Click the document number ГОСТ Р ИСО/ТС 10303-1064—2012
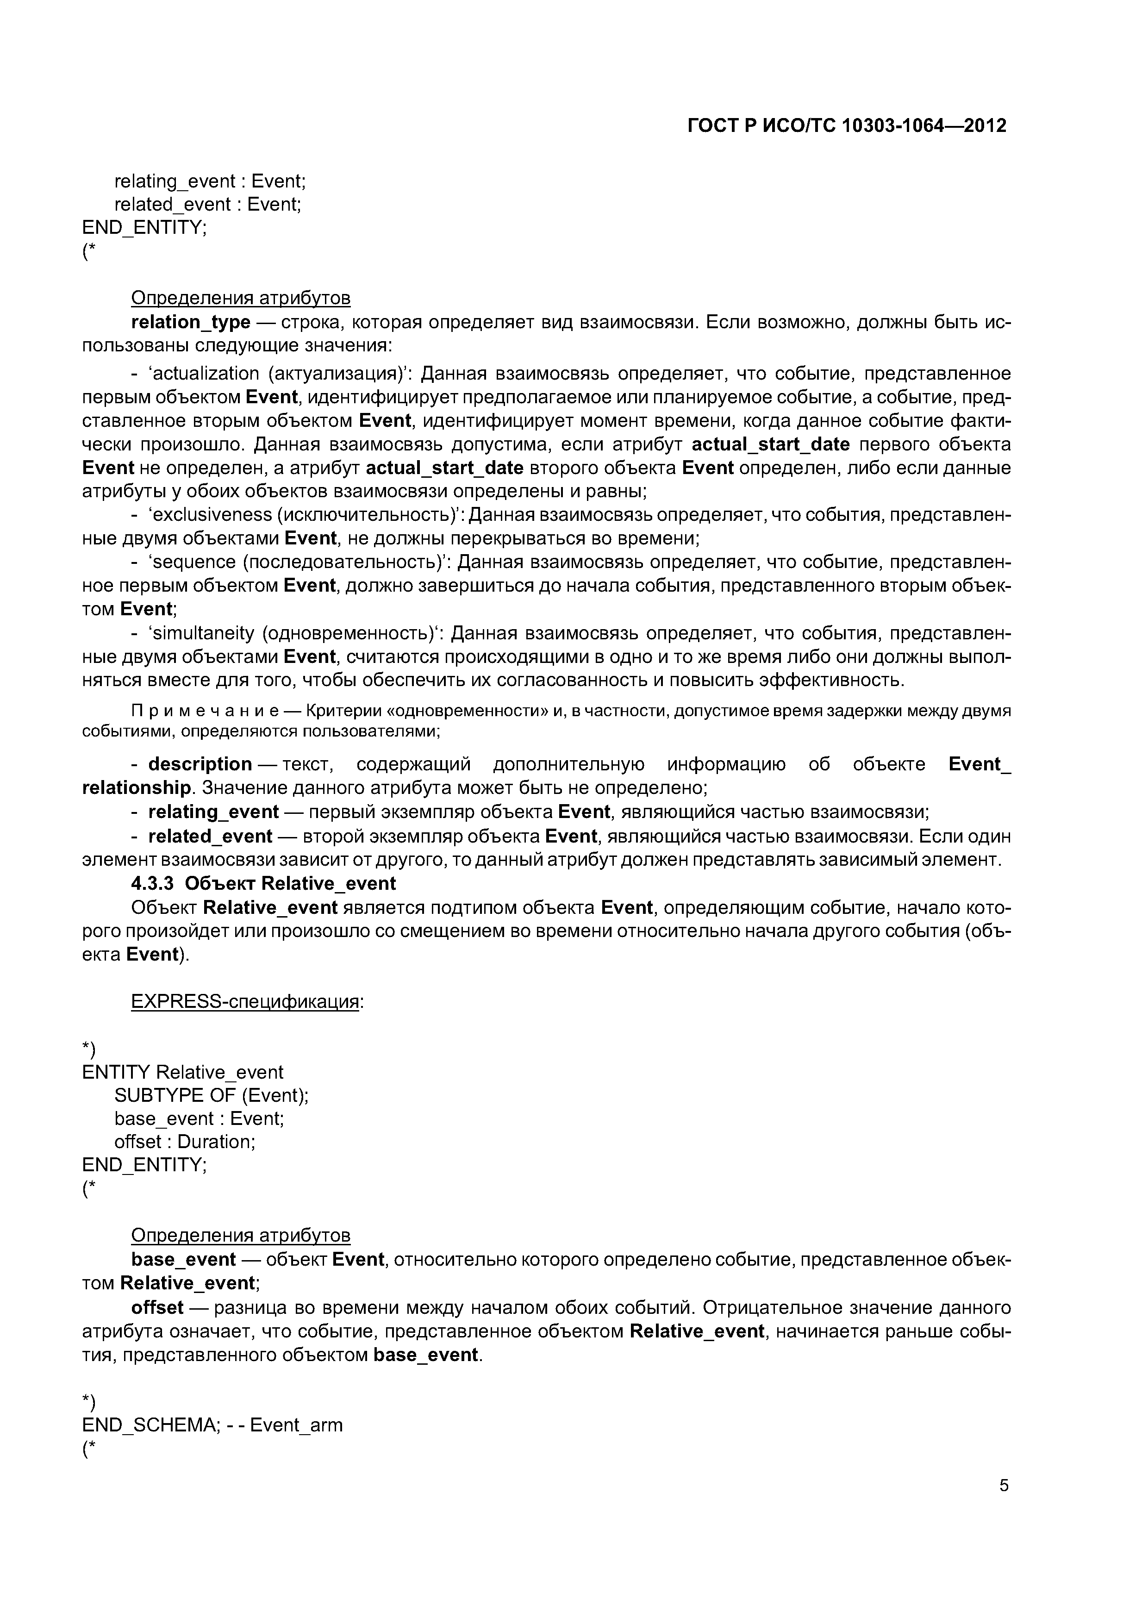(x=847, y=126)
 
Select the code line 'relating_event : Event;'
(x=210, y=182)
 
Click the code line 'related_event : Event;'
(x=208, y=205)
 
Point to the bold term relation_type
(x=191, y=323)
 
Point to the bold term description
(x=200, y=765)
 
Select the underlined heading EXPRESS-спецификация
(x=245, y=1002)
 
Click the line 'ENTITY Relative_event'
(x=182, y=1072)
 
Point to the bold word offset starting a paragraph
(x=157, y=1308)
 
